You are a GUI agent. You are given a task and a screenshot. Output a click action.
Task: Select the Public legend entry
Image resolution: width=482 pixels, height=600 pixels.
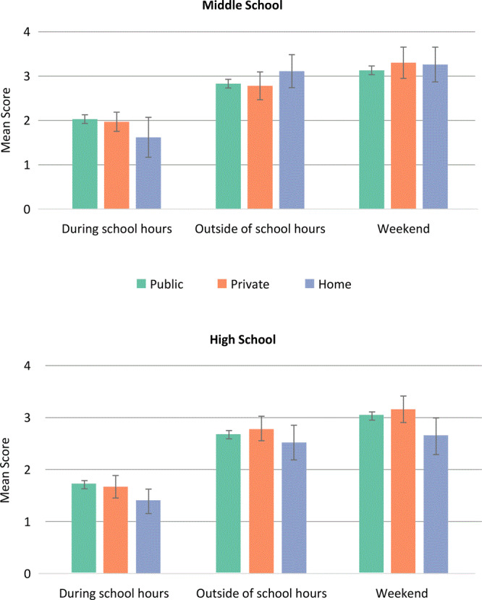[x=160, y=284]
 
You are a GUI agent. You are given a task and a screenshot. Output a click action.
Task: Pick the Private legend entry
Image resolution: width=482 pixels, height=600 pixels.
[x=242, y=284]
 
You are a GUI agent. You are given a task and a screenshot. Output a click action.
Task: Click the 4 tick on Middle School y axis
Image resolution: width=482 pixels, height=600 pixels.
[x=27, y=32]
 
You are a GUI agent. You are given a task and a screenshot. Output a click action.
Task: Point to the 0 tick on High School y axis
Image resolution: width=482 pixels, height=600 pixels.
[x=27, y=574]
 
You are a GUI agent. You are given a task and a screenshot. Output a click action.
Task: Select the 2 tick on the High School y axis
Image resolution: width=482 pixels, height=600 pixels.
[x=27, y=470]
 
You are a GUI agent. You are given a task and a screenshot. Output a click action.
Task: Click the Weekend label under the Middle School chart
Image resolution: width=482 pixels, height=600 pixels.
[x=405, y=229]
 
